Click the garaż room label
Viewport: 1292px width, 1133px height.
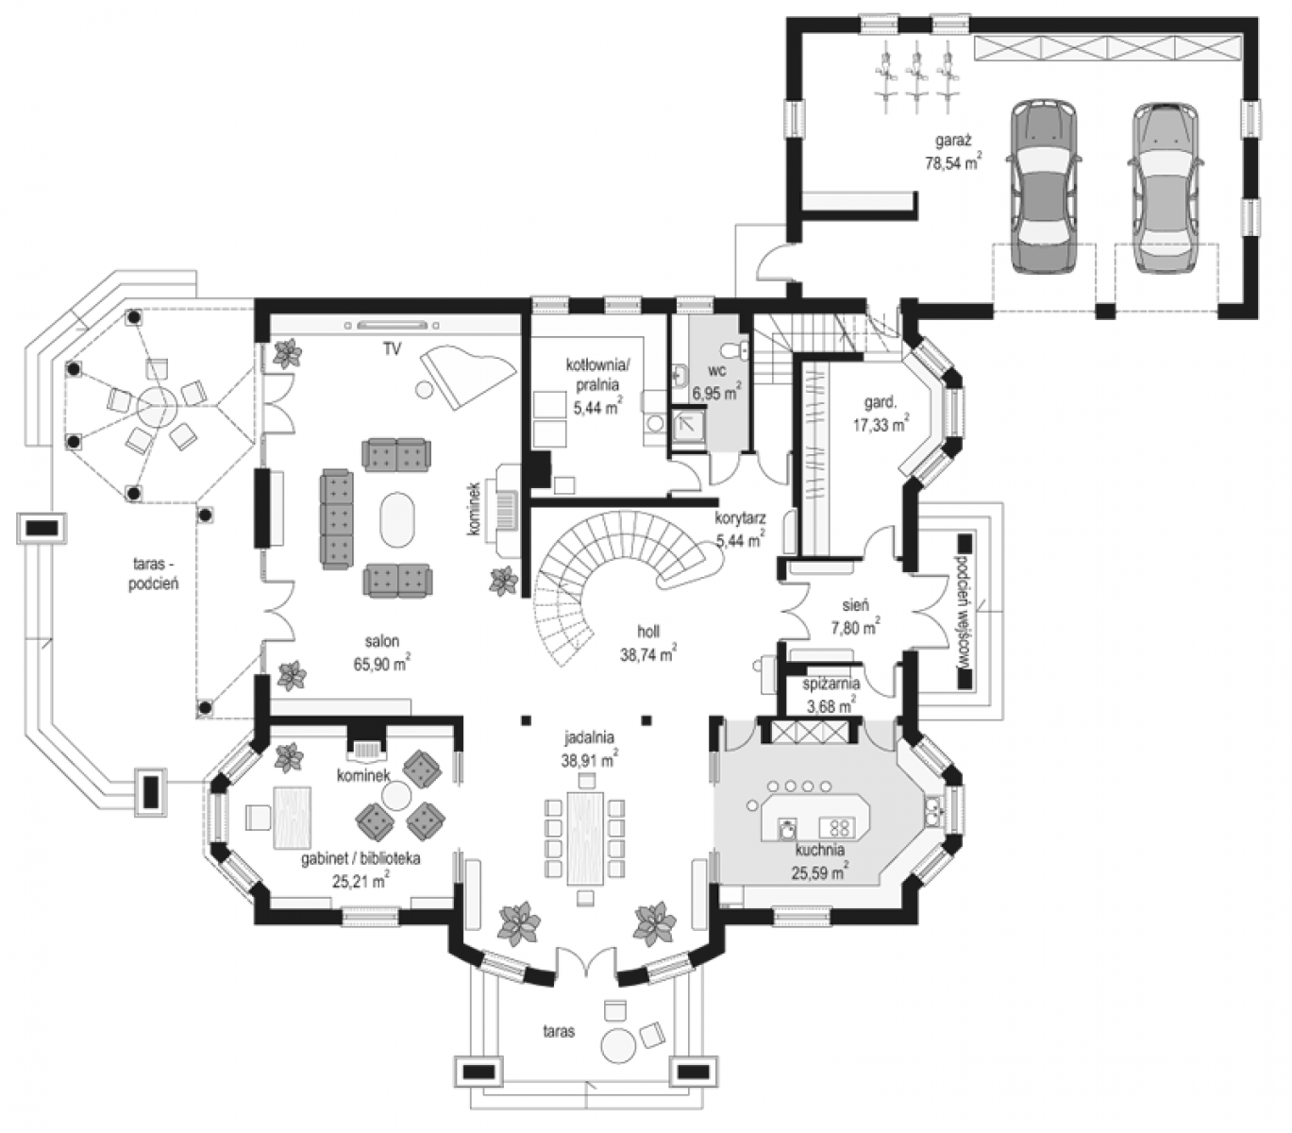click(953, 140)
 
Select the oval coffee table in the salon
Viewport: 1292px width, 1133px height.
click(398, 518)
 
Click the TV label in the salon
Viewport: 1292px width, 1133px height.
click(392, 349)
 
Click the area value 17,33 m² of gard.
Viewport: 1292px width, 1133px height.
click(881, 424)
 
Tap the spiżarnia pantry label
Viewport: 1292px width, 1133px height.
click(831, 685)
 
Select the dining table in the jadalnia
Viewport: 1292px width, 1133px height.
click(585, 837)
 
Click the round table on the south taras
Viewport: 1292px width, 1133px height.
click(618, 1045)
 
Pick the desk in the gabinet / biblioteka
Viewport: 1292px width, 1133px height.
click(293, 818)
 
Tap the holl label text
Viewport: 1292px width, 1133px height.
click(648, 632)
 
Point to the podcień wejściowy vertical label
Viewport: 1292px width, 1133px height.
click(961, 611)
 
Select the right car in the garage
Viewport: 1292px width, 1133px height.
click(1166, 188)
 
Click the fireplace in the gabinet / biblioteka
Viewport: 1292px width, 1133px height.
click(366, 743)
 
